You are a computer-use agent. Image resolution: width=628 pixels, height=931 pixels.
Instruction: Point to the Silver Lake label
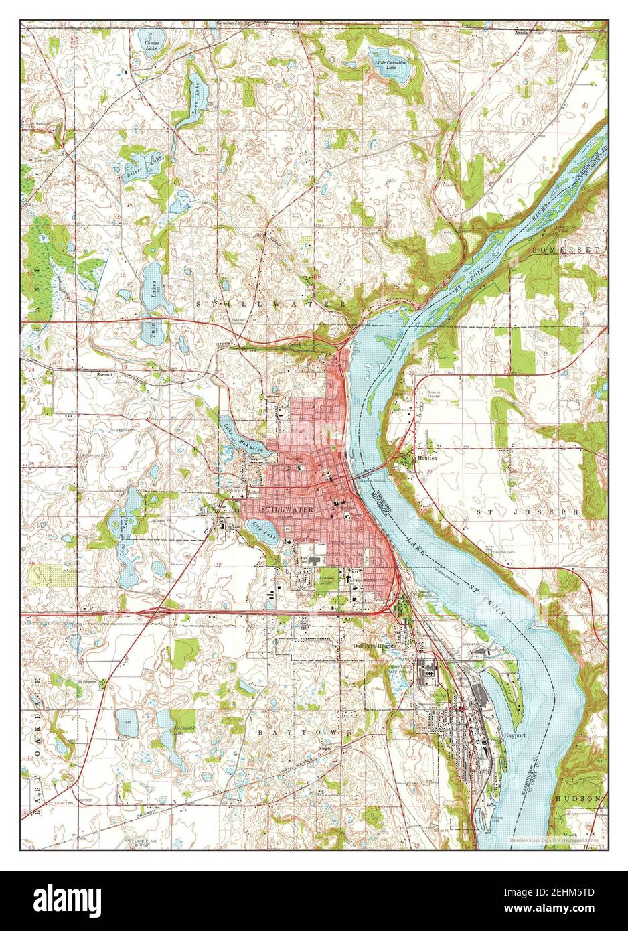[135, 166]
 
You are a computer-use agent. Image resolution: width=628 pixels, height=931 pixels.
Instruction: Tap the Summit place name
[105, 374]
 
